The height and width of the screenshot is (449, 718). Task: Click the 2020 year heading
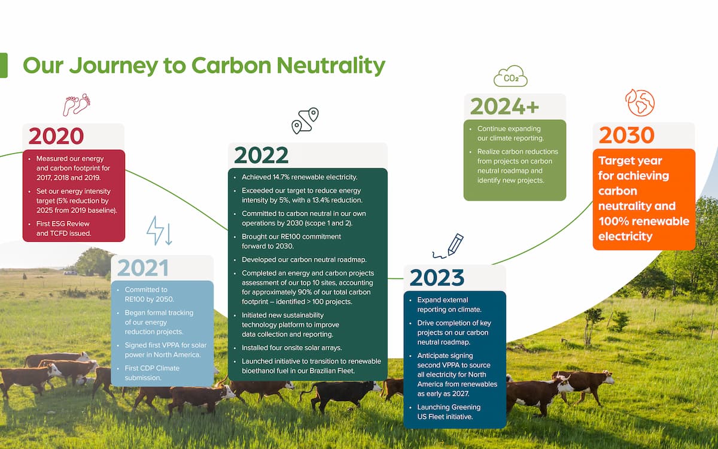[56, 136]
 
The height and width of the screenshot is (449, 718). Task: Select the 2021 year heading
[143, 268]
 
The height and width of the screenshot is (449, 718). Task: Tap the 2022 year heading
[261, 155]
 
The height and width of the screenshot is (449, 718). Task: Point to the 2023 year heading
[437, 277]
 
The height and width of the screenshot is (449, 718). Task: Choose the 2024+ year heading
[504, 106]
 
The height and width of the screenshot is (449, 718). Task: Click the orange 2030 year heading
[626, 135]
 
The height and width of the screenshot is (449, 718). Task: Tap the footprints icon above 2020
[77, 105]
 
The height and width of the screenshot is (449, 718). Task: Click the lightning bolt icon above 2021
[159, 230]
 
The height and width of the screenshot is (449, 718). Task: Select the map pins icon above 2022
[305, 120]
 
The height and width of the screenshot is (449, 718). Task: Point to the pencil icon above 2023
[448, 246]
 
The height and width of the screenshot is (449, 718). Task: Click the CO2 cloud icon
[510, 77]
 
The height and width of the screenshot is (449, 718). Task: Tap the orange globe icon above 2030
[640, 102]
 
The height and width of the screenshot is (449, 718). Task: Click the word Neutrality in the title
[330, 65]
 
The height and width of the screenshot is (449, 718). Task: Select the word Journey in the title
[114, 66]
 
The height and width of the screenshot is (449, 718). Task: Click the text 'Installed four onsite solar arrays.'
[292, 348]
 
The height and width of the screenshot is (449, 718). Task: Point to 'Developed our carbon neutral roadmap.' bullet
[304, 260]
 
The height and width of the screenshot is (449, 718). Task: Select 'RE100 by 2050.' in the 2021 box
[149, 299]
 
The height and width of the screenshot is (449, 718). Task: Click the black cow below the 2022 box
[340, 396]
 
